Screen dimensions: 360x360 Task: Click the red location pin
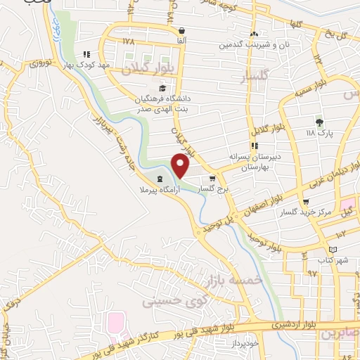tap(181, 165)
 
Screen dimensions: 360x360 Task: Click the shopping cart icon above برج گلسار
tap(212, 179)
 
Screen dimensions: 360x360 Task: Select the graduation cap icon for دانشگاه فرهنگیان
tap(162, 88)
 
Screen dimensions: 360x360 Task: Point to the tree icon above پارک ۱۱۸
tap(320, 122)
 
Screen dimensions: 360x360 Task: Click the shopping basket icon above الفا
tap(183, 31)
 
